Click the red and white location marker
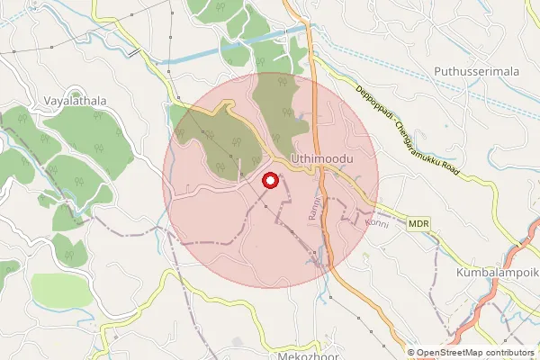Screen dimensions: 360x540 coord(269,181)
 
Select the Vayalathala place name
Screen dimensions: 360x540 coord(68,102)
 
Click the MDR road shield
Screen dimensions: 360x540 coord(418,222)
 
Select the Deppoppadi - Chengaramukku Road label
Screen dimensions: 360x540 coord(420,127)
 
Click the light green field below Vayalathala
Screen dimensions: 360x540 coord(61,290)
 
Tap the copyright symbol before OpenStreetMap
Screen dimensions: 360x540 coord(411,353)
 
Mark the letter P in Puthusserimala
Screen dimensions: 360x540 coord(436,70)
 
